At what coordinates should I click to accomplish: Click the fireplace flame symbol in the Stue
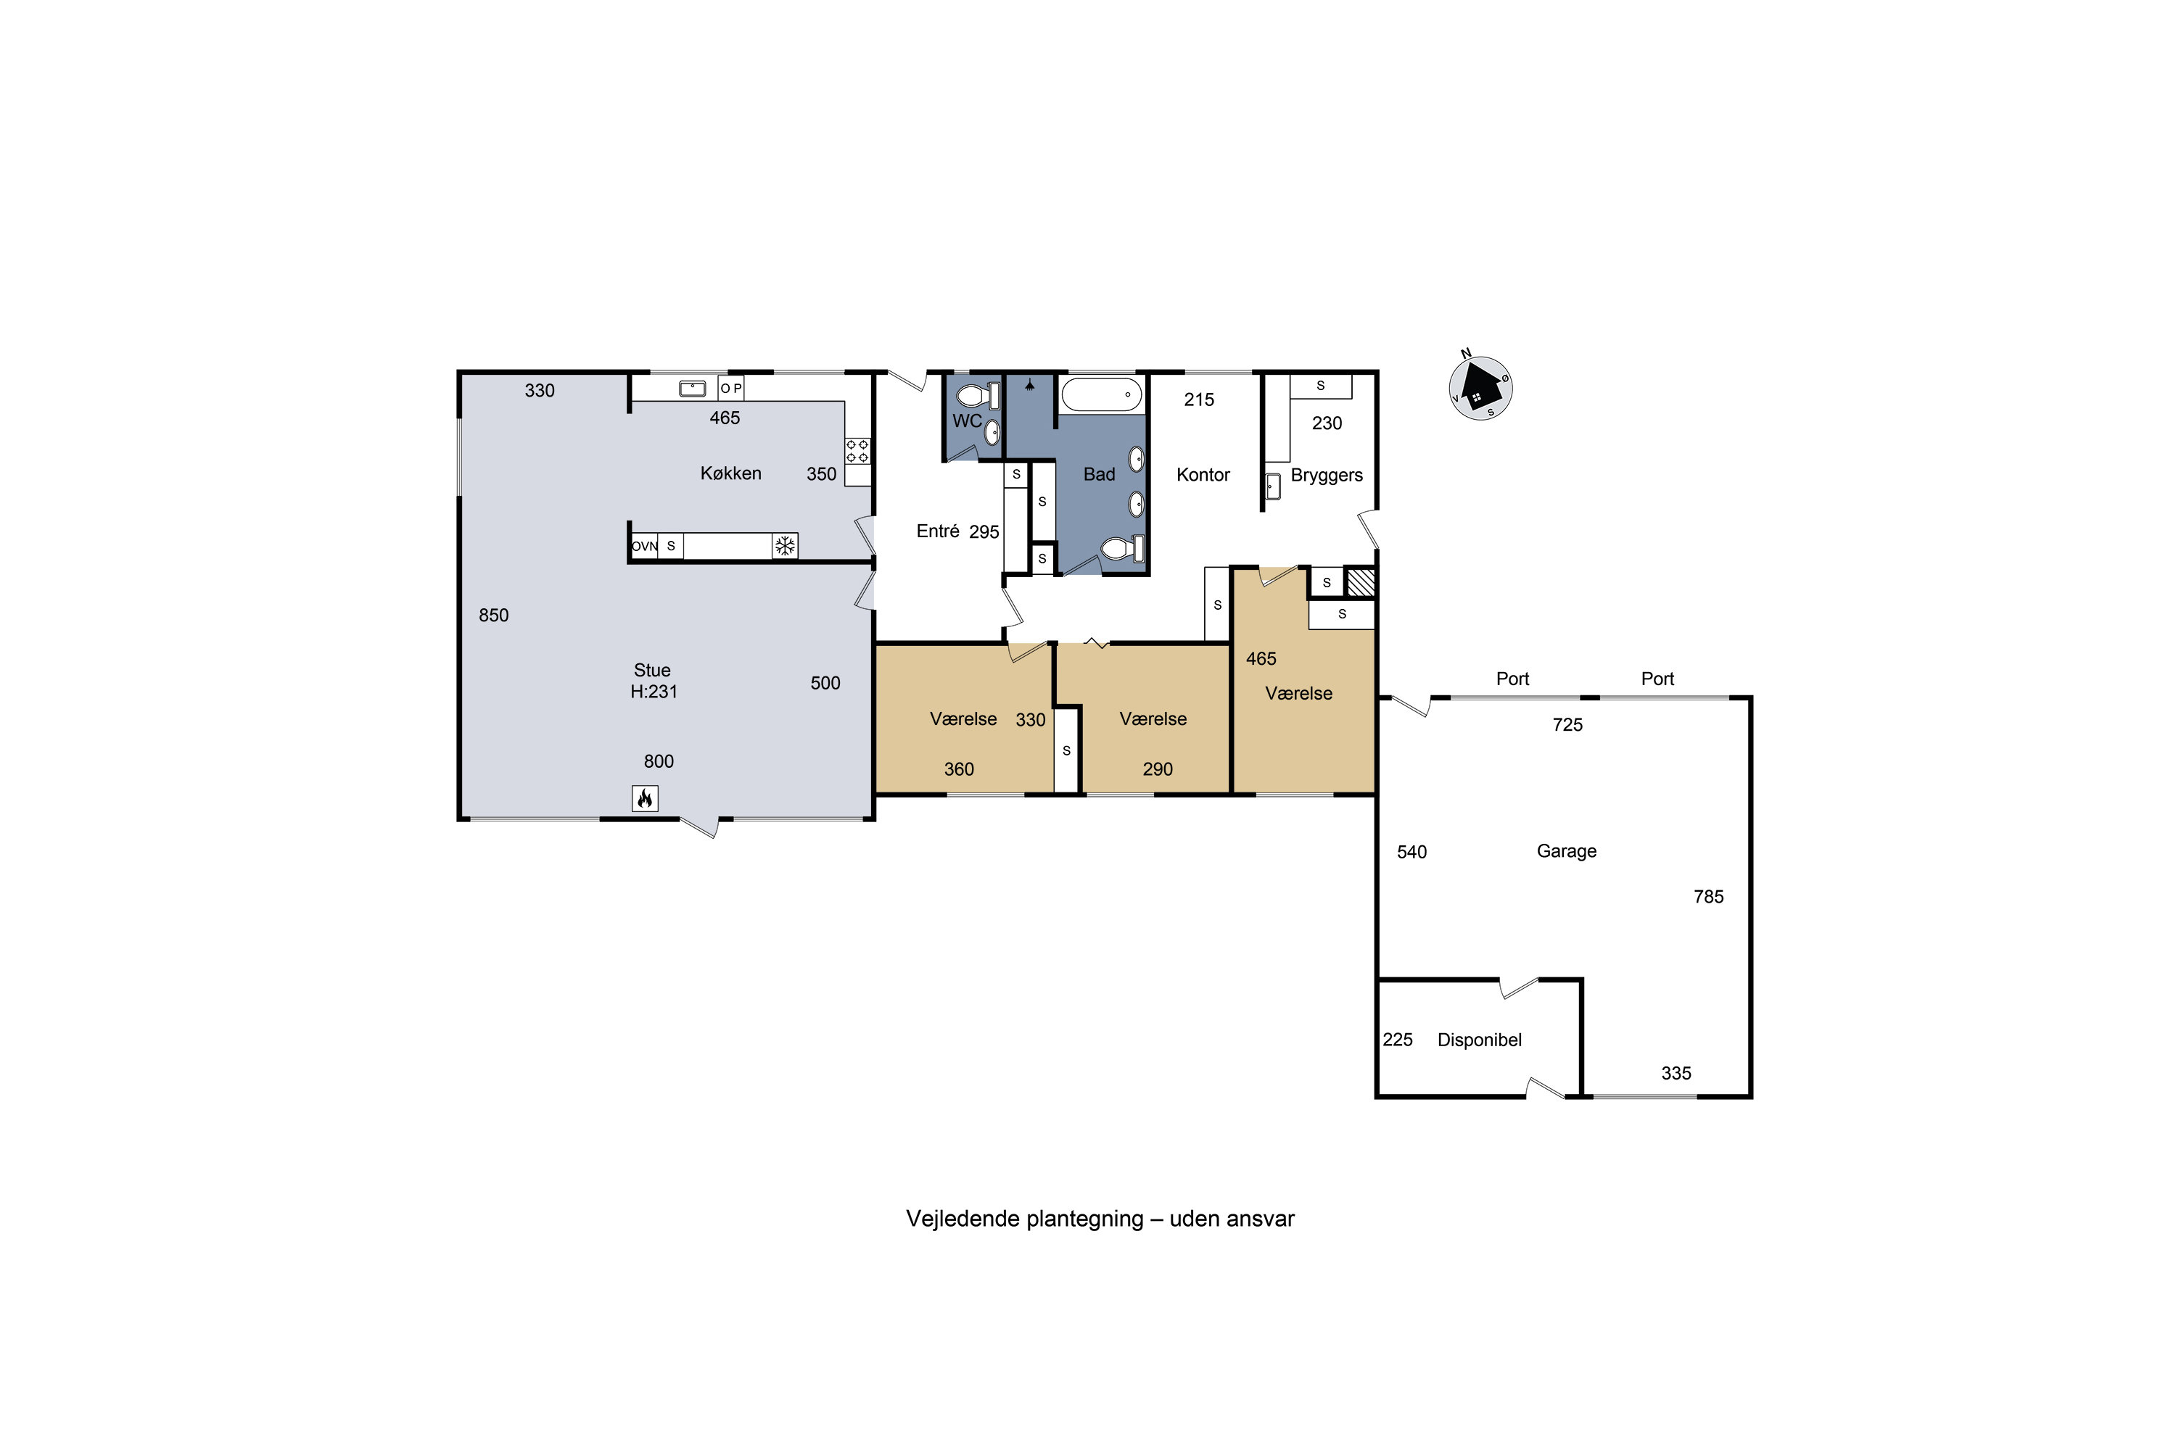point(645,798)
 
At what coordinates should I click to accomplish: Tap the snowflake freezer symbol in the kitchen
point(785,546)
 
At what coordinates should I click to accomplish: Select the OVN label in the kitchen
point(644,547)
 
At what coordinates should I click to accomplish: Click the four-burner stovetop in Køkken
point(857,451)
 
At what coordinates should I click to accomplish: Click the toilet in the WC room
point(977,397)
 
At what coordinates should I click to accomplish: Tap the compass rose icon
point(1480,387)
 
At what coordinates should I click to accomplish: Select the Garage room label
point(1566,850)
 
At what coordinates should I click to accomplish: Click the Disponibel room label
point(1480,1040)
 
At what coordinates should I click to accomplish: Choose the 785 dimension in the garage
point(1709,896)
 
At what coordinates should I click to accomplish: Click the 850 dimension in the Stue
point(493,615)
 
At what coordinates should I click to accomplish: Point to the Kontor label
point(1203,474)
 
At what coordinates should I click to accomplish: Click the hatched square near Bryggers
point(1360,581)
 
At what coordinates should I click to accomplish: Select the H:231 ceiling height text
point(654,691)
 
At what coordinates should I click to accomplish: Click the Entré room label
point(937,531)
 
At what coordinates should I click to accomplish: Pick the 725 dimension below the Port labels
point(1567,725)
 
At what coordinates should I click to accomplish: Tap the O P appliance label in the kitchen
point(731,389)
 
